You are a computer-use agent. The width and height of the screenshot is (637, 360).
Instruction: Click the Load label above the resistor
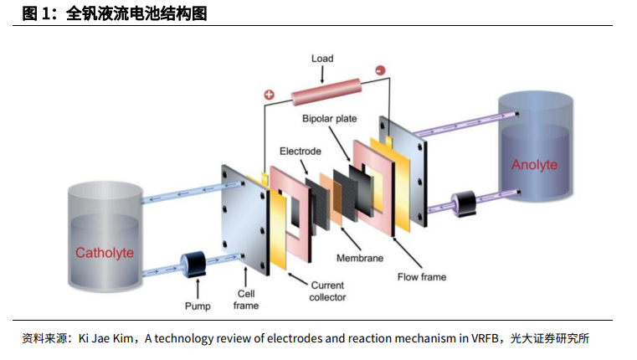pos(322,59)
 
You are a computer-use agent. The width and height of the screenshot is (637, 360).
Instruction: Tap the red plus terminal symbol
pos(270,95)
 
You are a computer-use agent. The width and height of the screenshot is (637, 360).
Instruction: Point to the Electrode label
pos(300,152)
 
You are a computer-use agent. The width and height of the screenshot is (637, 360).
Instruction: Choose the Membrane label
pos(360,258)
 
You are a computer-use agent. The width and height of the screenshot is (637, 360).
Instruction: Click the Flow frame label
pos(422,276)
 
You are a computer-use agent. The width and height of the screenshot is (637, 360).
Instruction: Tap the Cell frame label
pos(246,300)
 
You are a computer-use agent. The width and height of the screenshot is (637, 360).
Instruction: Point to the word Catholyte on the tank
pos(105,253)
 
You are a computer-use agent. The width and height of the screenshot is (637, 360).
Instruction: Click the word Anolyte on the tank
pos(534,164)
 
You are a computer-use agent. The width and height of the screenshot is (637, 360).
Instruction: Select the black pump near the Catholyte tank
pos(197,266)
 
